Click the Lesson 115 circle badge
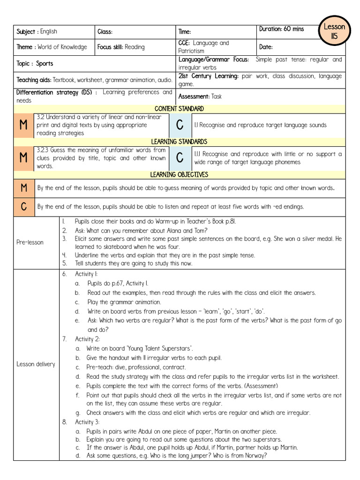pyautogui.click(x=334, y=31)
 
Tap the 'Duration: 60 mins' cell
pyautogui.click(x=281, y=29)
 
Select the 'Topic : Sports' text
pyautogui.click(x=35, y=63)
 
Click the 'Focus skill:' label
pyautogui.click(x=111, y=47)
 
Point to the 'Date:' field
pyautogui.click(x=266, y=47)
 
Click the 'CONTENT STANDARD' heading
pyautogui.click(x=179, y=109)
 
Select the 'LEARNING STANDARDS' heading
pyautogui.click(x=179, y=142)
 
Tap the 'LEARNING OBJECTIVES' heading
pyautogui.click(x=179, y=175)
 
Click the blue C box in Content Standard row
pyautogui.click(x=179, y=125)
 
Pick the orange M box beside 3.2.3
pyautogui.click(x=23, y=158)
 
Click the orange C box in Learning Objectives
pyautogui.click(x=23, y=206)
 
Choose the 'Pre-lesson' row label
pyautogui.click(x=30, y=242)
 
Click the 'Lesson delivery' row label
pyautogui.click(x=35, y=364)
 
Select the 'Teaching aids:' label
pyautogui.click(x=34, y=80)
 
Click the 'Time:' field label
pyautogui.click(x=185, y=31)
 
